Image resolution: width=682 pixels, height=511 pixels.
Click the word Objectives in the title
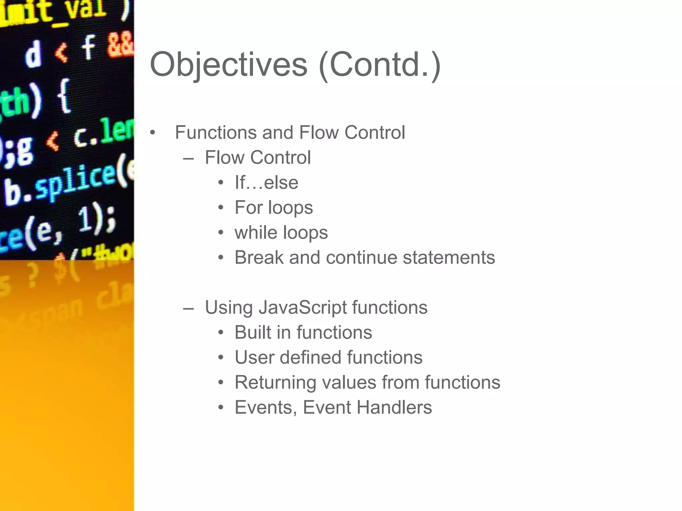pyautogui.click(x=228, y=65)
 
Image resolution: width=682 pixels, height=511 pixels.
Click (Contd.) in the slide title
pyautogui.click(x=380, y=65)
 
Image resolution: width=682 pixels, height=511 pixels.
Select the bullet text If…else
pyautogui.click(x=266, y=183)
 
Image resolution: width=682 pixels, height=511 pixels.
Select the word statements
pyautogui.click(x=449, y=257)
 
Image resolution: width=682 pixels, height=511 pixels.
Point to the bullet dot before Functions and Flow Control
pyautogui.click(x=153, y=133)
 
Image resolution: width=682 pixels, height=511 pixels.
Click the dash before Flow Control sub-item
pyautogui.click(x=188, y=158)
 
